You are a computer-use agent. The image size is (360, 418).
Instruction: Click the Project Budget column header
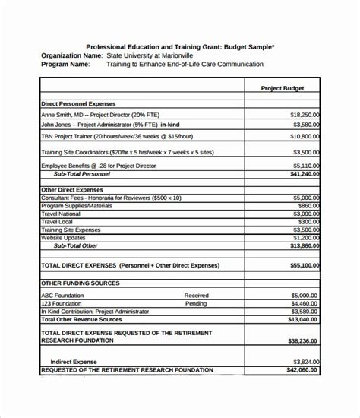pyautogui.click(x=282, y=88)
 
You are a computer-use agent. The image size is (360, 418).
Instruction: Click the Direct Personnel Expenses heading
pyautogui.click(x=79, y=101)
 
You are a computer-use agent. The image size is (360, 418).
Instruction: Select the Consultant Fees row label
pyautogui.click(x=111, y=197)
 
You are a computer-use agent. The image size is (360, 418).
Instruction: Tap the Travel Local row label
pyautogui.click(x=58, y=221)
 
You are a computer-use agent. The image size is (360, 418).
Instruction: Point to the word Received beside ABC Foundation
pyautogui.click(x=196, y=295)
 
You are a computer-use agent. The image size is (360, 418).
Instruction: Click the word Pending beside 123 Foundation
pyautogui.click(x=195, y=303)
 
